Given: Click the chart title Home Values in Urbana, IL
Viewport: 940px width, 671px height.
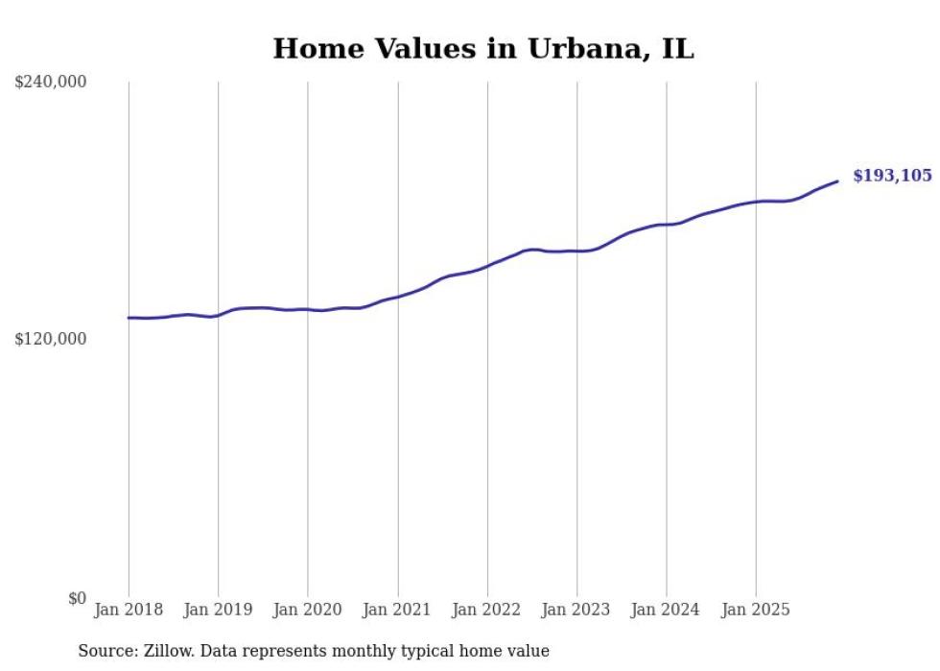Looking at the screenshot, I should [482, 49].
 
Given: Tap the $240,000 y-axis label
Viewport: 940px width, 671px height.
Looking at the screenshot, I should [51, 83].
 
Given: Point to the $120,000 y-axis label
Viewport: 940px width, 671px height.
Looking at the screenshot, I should [51, 339].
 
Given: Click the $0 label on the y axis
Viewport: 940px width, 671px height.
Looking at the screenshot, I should [77, 598].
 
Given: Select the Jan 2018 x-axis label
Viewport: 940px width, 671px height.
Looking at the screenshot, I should [129, 610].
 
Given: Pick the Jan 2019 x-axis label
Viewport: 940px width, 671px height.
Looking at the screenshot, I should [218, 610].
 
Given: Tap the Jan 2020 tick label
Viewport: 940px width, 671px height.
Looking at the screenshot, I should [308, 610].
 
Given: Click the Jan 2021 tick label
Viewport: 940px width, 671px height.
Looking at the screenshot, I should [397, 610].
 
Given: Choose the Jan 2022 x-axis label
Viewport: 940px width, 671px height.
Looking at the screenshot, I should [487, 610].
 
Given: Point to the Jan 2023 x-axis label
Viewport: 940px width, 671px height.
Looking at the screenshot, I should [576, 610].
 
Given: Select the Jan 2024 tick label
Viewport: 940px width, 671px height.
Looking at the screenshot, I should [667, 610].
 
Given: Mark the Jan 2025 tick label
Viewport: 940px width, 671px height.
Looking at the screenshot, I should [756, 610].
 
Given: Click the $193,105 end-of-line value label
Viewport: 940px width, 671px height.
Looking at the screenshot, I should [892, 176].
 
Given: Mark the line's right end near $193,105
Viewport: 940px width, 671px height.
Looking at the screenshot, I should [837, 180].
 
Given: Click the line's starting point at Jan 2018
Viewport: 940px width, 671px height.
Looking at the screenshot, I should [129, 318].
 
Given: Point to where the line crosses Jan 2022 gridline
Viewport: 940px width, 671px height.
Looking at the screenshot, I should [487, 264].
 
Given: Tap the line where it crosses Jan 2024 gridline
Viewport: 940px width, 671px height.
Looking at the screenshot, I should [667, 225].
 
